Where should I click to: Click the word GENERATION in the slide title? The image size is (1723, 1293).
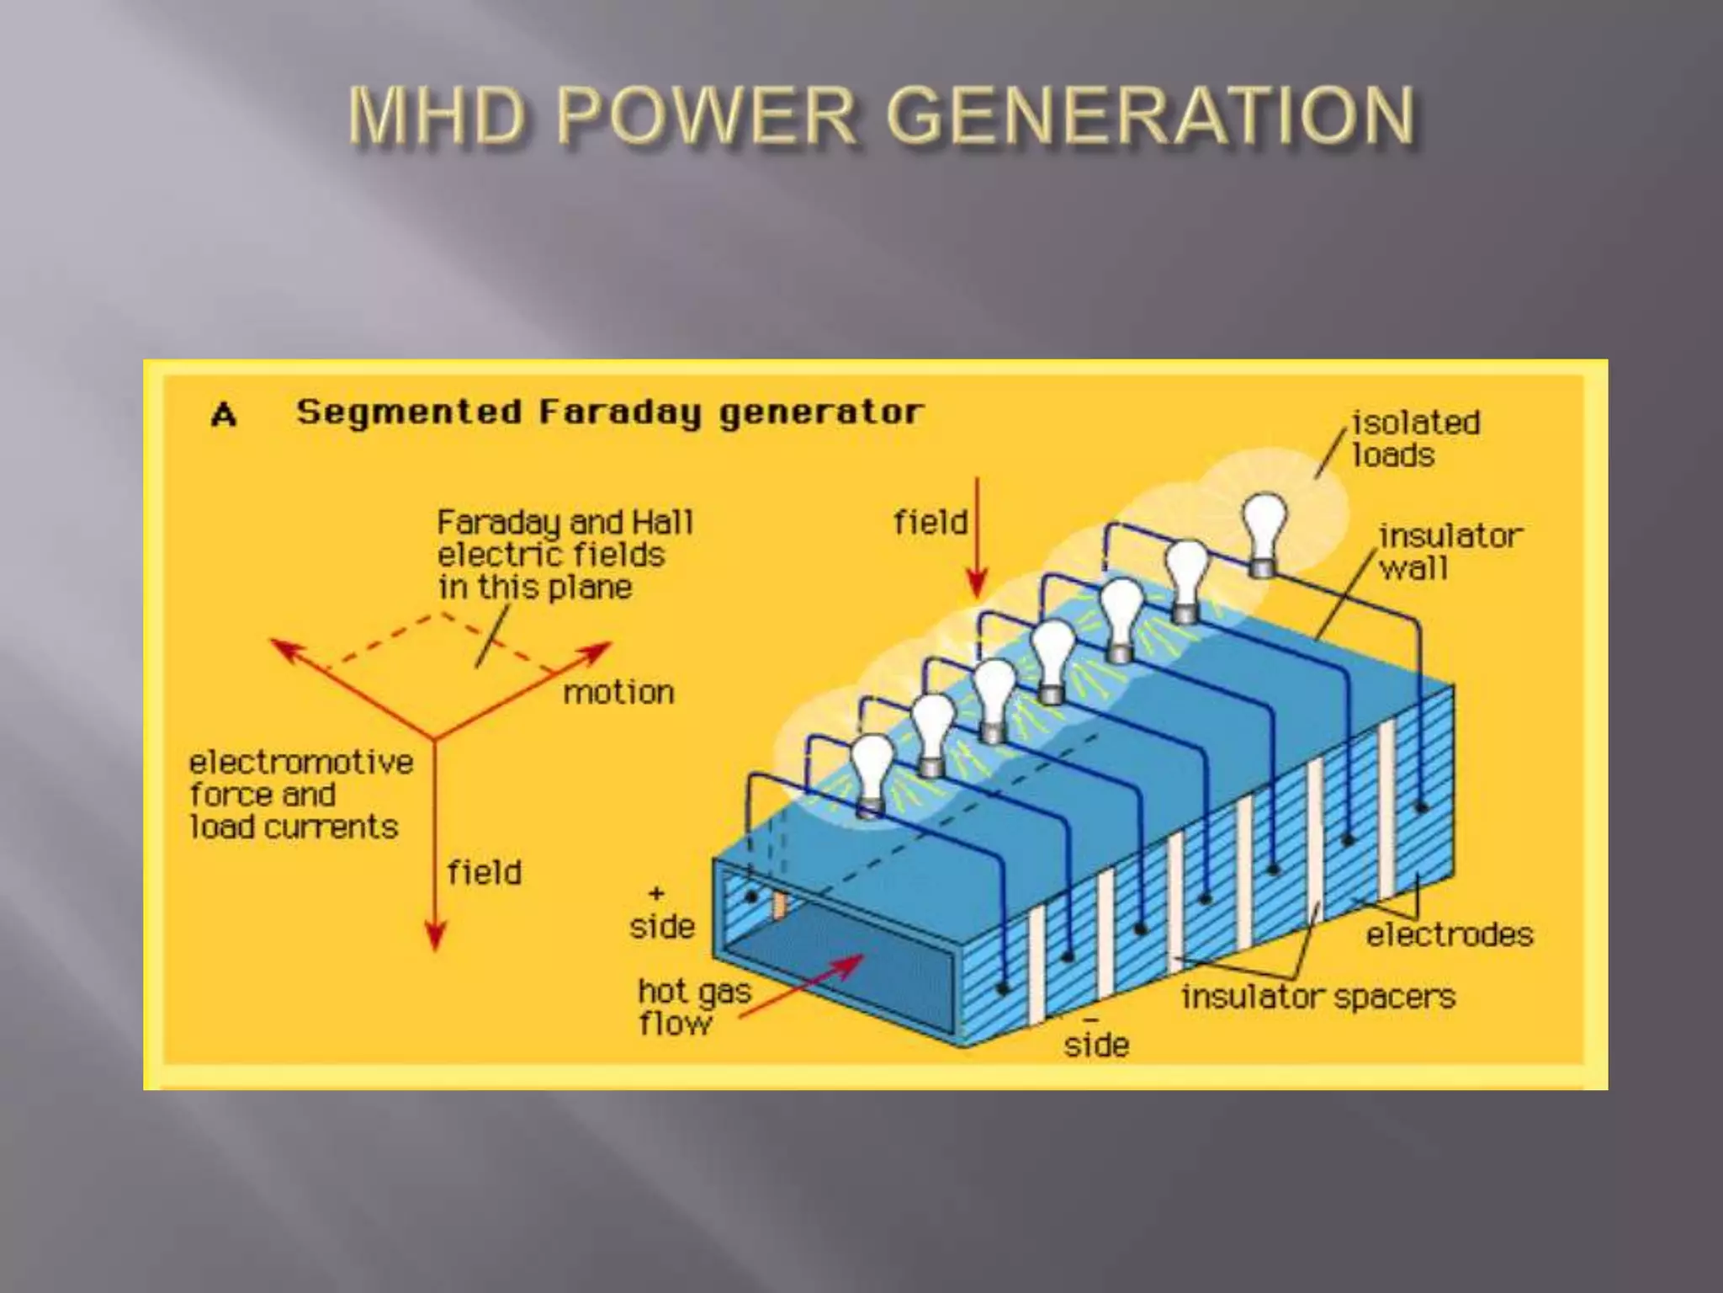[1151, 116]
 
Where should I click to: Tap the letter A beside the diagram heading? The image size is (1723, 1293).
[224, 414]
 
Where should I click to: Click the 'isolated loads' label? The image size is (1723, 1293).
[1415, 439]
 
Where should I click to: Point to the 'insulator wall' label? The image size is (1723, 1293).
[1450, 551]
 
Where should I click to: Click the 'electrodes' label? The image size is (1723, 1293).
[1449, 934]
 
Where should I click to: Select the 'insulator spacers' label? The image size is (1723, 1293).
[1317, 998]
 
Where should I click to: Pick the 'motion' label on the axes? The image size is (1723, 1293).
[618, 693]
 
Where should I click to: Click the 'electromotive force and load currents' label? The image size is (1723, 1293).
[300, 795]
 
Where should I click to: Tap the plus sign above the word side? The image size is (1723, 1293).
[656, 893]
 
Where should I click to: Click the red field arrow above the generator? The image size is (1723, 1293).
[977, 539]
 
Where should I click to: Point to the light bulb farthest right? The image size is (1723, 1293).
[1264, 526]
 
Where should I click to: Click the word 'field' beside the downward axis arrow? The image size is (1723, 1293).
[484, 873]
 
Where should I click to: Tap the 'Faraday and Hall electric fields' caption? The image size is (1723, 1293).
[564, 554]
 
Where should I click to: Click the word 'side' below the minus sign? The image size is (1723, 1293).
[1095, 1046]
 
